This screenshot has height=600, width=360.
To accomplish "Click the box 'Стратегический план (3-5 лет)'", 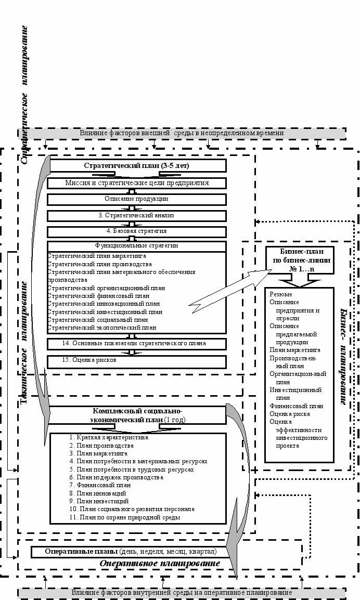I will [137, 166].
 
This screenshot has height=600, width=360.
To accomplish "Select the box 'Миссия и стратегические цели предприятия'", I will [137, 183].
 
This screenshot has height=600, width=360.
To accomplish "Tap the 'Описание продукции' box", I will [137, 199].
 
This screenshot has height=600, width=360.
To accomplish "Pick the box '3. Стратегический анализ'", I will [137, 215].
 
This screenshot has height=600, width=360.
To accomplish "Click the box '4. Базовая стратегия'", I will [137, 231].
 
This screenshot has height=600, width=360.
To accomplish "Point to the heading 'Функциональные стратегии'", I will [137, 245].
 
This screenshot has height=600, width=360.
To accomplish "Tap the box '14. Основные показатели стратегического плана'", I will [137, 344].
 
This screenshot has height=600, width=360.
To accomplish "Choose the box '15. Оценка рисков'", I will [137, 360].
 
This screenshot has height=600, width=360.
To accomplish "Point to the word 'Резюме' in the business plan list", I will [280, 294].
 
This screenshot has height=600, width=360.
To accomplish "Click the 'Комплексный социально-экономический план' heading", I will [137, 415].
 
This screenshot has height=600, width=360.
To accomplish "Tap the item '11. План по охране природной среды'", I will [125, 517].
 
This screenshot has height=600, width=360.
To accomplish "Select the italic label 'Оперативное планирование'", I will [159, 564].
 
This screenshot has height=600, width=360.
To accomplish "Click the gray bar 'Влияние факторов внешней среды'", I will [182, 133].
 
